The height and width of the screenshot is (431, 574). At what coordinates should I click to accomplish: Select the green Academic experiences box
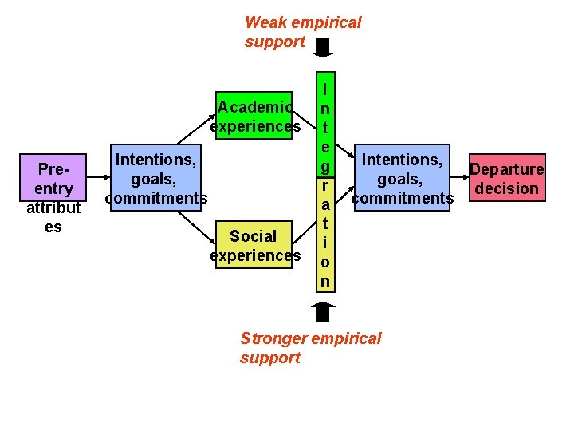tap(255, 117)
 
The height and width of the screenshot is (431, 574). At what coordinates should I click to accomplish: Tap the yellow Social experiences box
tap(255, 246)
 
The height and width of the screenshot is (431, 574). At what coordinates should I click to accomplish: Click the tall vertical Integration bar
tap(324, 184)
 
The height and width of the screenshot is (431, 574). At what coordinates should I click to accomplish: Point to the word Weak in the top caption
tap(265, 22)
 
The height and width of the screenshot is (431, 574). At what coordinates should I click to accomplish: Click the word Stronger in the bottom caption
tap(273, 338)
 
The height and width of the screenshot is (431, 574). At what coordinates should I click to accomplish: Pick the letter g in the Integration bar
tap(324, 166)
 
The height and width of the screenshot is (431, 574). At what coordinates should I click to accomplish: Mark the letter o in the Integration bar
tap(324, 262)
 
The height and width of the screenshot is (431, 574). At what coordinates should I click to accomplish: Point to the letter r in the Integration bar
tap(324, 185)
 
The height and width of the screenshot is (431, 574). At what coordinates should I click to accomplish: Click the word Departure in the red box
tap(508, 169)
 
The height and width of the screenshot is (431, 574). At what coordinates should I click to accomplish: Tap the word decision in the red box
tap(508, 188)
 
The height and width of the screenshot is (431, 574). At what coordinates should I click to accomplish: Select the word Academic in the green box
tap(254, 107)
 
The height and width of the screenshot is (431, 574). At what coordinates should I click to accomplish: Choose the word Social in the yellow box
tap(253, 236)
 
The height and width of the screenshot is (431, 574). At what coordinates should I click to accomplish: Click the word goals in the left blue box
tap(155, 179)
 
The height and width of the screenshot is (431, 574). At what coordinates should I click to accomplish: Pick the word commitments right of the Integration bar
tap(403, 198)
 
